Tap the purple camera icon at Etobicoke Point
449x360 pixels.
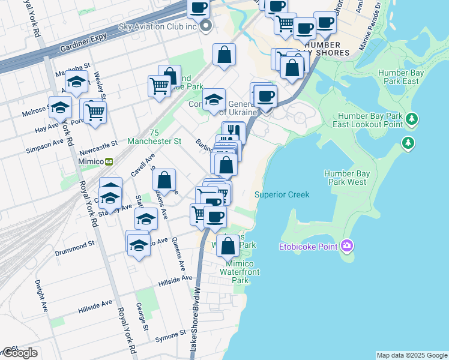click(346, 245)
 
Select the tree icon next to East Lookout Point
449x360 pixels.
click(411, 119)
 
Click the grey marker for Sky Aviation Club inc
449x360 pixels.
click(206, 26)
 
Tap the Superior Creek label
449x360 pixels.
click(282, 194)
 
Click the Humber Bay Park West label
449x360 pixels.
click(345, 178)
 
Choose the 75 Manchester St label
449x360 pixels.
click(154, 137)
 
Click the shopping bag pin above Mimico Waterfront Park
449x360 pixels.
click(228, 245)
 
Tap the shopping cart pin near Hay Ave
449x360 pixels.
click(95, 111)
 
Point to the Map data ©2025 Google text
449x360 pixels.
click(411, 355)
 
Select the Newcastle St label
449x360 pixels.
click(96, 146)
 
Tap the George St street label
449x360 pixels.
click(142, 317)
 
